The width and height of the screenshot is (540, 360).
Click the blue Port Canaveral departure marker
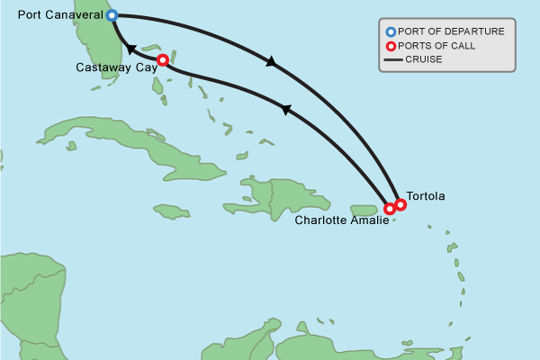tap(112, 15)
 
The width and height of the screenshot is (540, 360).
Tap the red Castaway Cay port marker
tap(162, 60)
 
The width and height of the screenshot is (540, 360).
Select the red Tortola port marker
tap(400, 204)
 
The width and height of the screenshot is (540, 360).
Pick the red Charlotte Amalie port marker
tap(390, 209)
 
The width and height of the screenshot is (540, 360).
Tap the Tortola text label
tap(426, 195)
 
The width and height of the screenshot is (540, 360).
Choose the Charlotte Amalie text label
tap(339, 219)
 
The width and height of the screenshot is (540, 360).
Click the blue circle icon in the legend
tap(391, 31)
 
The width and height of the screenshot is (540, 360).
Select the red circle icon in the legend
tap(391, 46)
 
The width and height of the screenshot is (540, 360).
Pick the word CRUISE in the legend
tap(424, 60)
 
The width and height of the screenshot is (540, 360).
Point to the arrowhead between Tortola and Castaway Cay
tap(286, 110)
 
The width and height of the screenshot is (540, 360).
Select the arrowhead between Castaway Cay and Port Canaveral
tap(131, 50)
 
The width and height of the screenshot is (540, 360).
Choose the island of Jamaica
tap(171, 212)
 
